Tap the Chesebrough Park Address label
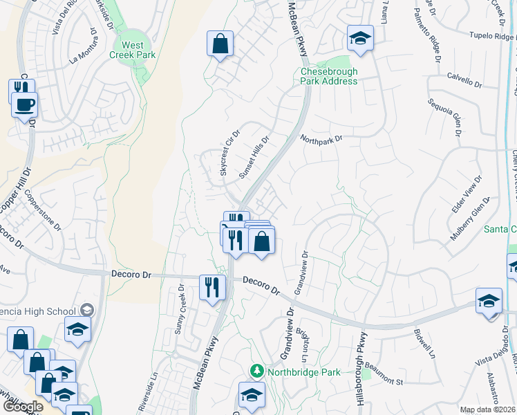point(329,76)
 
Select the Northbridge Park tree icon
point(257,372)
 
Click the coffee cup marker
point(25,105)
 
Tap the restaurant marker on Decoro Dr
point(212,287)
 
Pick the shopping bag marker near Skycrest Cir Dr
point(220,44)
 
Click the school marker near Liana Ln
point(360,39)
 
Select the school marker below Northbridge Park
point(252,396)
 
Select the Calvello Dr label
point(464,80)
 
